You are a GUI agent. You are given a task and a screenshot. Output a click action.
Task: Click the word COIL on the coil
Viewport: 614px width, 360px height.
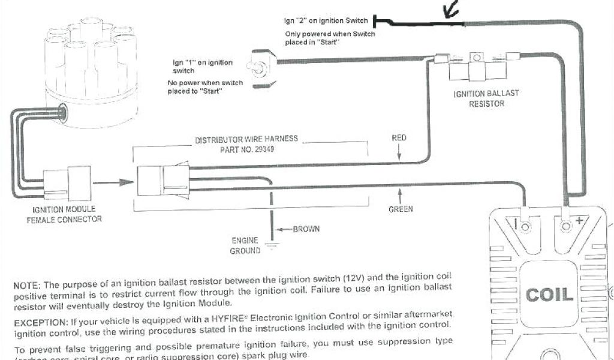point(550,295)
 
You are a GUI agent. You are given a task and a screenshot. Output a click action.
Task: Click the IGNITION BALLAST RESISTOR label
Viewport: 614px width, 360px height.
point(486,98)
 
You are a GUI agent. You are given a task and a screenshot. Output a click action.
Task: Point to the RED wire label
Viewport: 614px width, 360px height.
point(399,138)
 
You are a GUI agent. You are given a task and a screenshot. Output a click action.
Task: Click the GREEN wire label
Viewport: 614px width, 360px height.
point(401,209)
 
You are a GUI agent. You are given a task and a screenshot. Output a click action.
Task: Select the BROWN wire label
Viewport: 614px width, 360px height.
point(306,229)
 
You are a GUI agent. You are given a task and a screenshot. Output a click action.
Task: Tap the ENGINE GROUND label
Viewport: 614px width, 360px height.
point(245,245)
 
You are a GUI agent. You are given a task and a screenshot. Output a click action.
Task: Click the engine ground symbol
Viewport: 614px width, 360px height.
point(272,243)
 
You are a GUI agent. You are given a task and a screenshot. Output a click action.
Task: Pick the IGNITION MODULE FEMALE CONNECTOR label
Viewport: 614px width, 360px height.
point(64,214)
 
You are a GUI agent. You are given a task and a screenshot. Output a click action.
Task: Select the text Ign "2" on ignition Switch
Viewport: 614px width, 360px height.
point(326,21)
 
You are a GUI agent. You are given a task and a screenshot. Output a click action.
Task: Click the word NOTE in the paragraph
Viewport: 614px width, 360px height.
point(27,284)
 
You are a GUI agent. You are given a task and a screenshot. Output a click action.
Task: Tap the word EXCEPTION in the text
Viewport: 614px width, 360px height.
point(40,322)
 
